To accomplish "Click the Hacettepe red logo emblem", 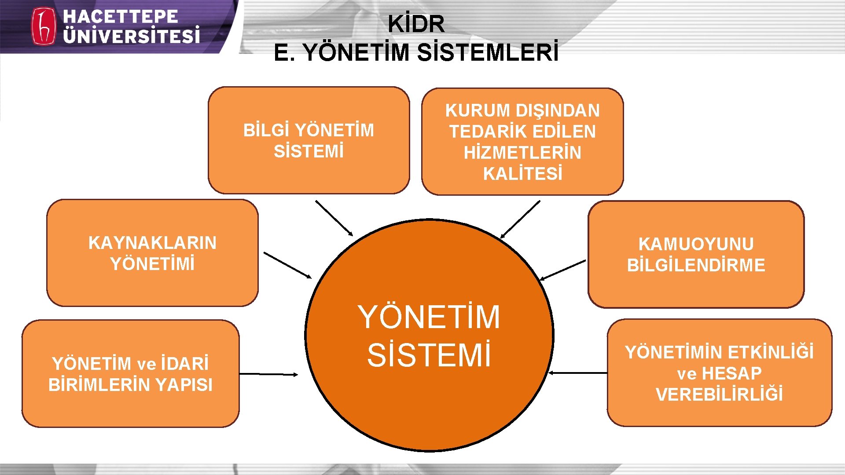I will click(43, 26).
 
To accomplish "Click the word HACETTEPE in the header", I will click(120, 17).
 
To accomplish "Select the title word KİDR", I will click(416, 24).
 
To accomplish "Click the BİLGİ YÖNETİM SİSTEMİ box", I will click(309, 140).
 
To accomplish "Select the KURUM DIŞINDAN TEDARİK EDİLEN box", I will click(522, 142).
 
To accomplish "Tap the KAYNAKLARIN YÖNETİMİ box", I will click(152, 253).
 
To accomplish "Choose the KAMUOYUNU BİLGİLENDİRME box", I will click(696, 255).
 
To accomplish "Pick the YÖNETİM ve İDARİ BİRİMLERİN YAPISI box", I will click(130, 374).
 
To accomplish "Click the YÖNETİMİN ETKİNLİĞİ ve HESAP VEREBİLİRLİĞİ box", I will click(719, 373).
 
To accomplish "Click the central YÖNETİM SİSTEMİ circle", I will click(429, 336).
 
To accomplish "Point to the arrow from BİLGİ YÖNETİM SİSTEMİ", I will click(334, 218).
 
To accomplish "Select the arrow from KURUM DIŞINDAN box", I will click(520, 219).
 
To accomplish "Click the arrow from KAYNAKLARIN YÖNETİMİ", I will click(287, 265).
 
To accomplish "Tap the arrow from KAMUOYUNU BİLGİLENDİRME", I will click(562, 270).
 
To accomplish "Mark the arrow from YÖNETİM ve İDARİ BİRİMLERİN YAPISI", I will click(268, 374).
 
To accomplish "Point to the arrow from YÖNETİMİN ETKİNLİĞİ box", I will click(578, 373).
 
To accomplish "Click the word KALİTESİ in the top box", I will click(523, 174).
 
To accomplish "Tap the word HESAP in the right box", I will click(731, 373).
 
